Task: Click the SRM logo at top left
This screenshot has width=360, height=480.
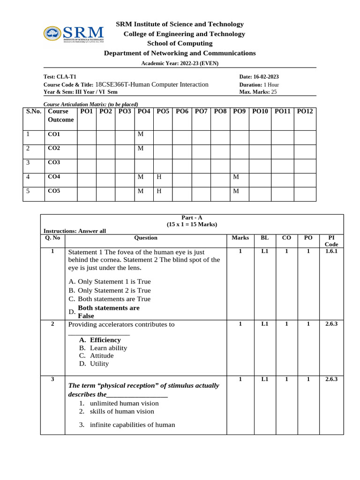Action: (74, 34)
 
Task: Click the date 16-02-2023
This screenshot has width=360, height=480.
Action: (266, 77)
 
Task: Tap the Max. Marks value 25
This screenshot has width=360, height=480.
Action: (274, 92)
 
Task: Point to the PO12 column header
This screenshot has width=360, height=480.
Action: (305, 112)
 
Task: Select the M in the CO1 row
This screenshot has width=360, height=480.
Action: (140, 135)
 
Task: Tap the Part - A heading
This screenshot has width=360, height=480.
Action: (192, 217)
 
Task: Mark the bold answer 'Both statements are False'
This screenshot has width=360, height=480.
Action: (108, 312)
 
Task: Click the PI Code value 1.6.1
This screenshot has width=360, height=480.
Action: (331, 251)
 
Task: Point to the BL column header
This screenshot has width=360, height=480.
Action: (264, 238)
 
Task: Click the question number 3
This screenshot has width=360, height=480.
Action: (52, 380)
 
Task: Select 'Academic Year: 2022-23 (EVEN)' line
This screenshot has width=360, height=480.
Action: (180, 63)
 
